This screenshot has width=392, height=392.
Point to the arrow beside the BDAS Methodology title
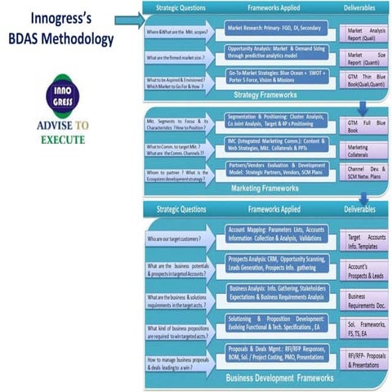[128, 20]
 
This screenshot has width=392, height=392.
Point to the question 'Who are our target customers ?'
[181, 239]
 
